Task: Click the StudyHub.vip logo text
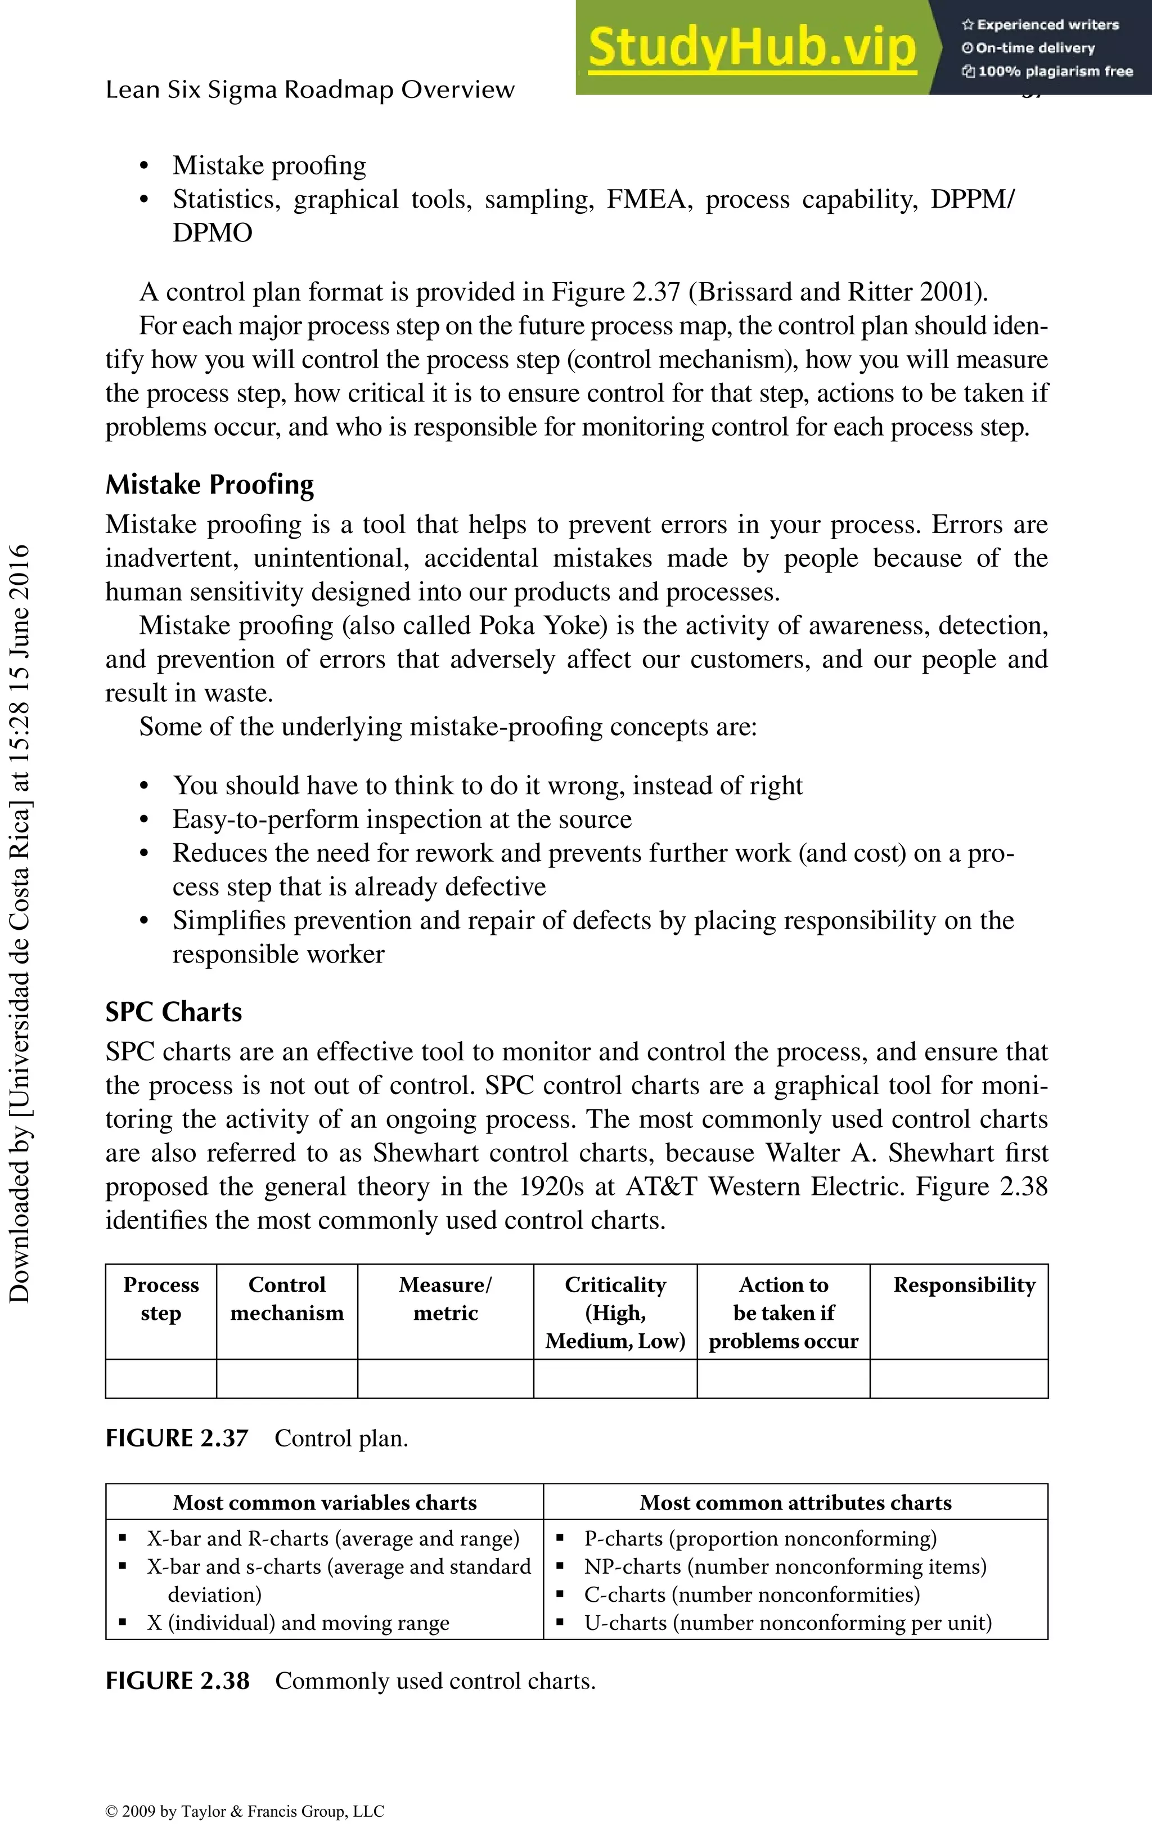click(x=752, y=47)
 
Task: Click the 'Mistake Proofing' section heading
click(x=209, y=485)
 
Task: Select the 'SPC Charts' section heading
click(x=174, y=1011)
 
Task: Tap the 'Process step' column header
click(x=161, y=1298)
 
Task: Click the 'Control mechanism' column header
click(x=287, y=1298)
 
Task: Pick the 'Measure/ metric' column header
click(x=445, y=1298)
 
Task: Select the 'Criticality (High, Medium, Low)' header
click(x=615, y=1312)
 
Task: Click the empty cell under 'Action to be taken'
click(x=783, y=1378)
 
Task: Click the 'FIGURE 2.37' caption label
click(x=177, y=1439)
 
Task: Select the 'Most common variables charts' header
click(x=325, y=1503)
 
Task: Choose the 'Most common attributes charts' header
click(x=795, y=1503)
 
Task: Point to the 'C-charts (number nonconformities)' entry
click(x=752, y=1595)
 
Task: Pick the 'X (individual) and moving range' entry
click(x=298, y=1623)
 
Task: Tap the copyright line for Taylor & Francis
click(x=245, y=1811)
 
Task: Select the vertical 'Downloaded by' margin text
click(x=19, y=922)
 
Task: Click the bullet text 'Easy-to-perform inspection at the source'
click(x=402, y=819)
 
